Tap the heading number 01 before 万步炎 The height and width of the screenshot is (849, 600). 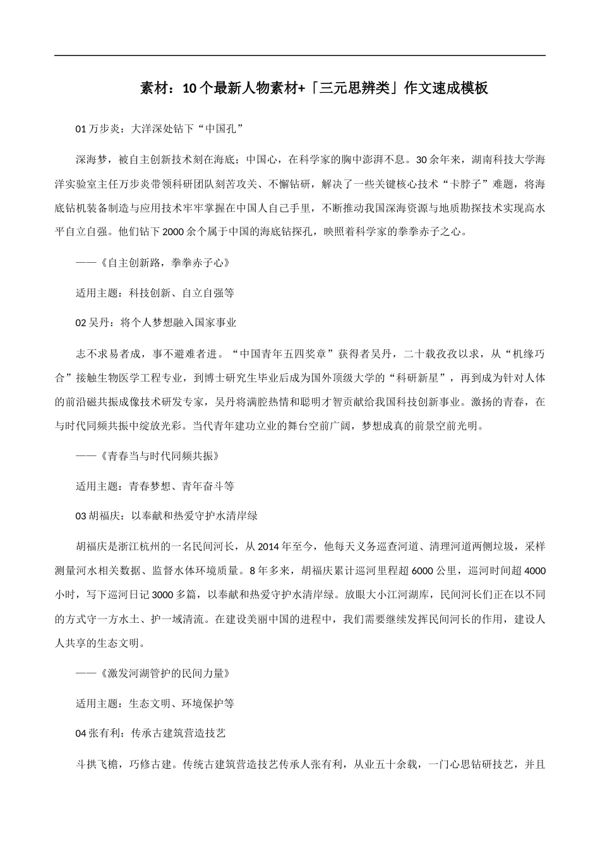point(80,129)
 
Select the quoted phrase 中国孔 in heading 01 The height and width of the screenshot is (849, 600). point(221,129)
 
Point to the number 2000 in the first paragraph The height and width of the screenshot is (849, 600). point(172,232)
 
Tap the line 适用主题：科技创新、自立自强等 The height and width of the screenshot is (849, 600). point(155,293)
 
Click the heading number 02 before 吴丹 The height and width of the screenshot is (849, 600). point(80,323)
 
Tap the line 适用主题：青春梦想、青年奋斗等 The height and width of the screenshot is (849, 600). point(155,486)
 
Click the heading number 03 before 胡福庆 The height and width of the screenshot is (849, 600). point(80,516)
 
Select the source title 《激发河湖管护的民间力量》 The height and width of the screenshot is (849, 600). point(164,673)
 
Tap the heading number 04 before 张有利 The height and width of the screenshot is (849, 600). point(80,733)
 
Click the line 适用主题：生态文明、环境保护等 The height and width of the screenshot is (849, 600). point(155,704)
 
